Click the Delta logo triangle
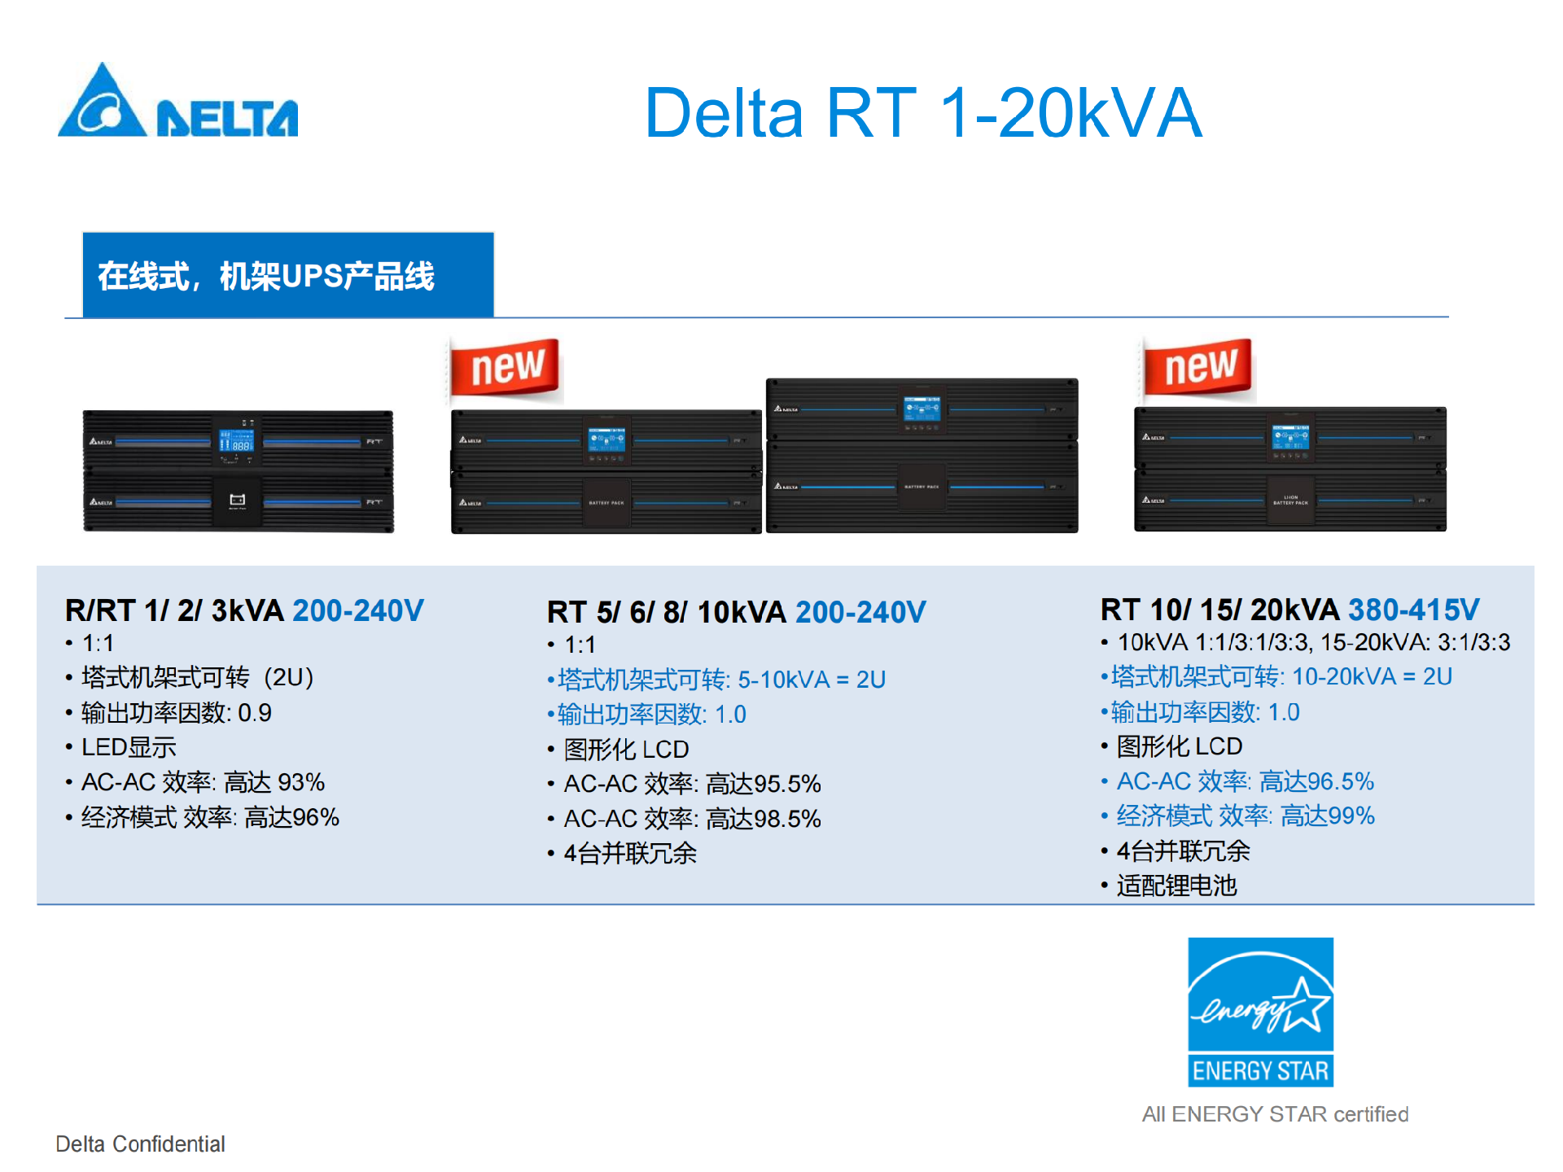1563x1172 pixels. point(103,104)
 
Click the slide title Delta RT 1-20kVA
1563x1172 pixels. point(922,114)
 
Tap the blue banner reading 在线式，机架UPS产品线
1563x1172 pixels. point(287,276)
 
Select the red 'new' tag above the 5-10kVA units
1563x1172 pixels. point(506,367)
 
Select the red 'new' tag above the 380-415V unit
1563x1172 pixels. point(1198,367)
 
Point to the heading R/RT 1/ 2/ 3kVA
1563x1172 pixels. point(174,610)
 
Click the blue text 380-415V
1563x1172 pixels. point(1413,610)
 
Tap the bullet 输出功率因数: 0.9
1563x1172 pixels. point(176,713)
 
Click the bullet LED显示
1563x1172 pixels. point(129,747)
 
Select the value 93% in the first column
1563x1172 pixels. point(300,782)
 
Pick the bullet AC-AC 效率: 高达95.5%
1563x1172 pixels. point(692,784)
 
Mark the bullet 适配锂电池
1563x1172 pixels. point(1176,886)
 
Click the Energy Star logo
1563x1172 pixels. point(1260,1012)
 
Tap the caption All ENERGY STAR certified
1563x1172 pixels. point(1275,1114)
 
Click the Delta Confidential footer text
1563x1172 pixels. point(140,1144)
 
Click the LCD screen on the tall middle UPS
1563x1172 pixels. point(922,408)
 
